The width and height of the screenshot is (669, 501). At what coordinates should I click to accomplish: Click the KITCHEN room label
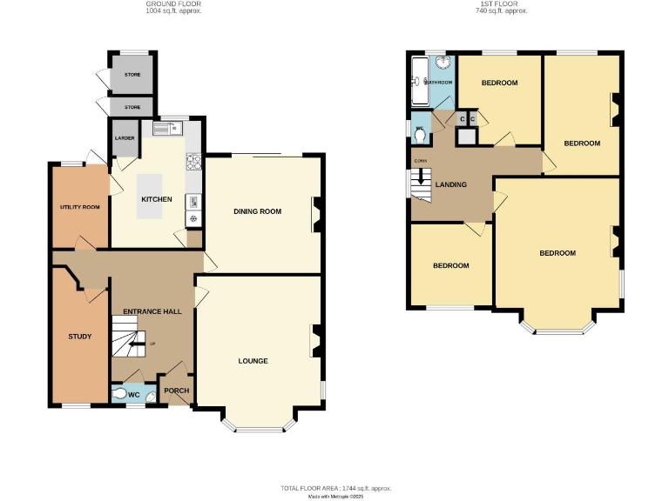point(157,199)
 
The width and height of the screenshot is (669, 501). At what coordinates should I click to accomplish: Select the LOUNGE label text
point(253,360)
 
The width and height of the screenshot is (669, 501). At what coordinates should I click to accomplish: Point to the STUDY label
point(80,336)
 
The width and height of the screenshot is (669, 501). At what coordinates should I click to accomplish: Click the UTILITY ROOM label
point(79,207)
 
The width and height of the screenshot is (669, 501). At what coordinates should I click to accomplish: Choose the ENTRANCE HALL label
point(152,311)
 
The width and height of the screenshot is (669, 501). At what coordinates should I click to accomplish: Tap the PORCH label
point(177,391)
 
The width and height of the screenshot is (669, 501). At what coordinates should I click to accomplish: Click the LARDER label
point(121,137)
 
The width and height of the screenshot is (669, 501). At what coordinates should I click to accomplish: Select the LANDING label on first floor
point(451,184)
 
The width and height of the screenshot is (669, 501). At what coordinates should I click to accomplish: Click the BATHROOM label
point(439,83)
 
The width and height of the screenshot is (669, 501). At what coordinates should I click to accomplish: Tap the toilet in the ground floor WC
point(119,393)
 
